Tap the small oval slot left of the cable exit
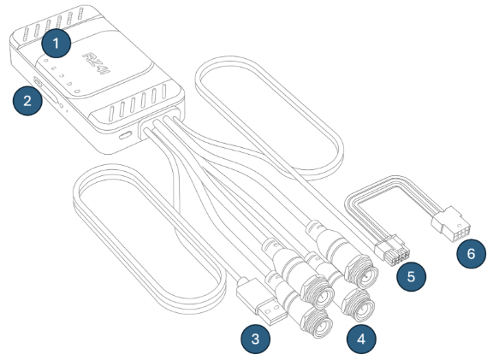(x=125, y=136)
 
